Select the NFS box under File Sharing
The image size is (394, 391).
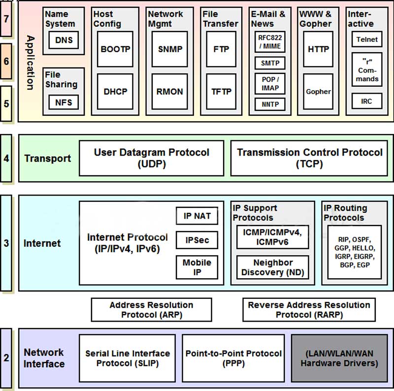coord(64,102)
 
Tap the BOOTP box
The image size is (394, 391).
coord(115,49)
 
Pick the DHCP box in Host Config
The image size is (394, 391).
coord(115,91)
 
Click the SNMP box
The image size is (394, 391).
coord(170,49)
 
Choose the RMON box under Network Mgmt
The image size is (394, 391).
coord(170,91)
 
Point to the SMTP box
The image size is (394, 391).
coord(270,63)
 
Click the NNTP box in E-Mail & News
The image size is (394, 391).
coord(270,104)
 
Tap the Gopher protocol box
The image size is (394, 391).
coord(318,91)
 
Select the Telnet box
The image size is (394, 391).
coord(366,39)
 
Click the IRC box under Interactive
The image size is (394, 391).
coord(366,101)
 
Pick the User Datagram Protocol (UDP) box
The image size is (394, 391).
coord(151,158)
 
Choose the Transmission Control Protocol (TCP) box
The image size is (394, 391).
coord(309,158)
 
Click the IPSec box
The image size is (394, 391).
coord(197,240)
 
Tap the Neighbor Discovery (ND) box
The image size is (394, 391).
coord(272,267)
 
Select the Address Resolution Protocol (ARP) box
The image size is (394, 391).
coord(151,310)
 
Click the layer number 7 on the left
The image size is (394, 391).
coord(6,19)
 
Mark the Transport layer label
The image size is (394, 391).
coord(47,159)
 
